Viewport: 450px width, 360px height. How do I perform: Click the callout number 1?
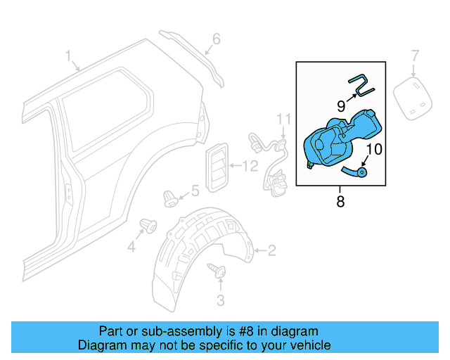(x=69, y=56)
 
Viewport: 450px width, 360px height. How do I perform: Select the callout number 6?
(x=217, y=39)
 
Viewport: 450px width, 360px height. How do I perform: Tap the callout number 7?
(x=415, y=55)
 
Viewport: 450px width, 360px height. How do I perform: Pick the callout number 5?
(x=195, y=190)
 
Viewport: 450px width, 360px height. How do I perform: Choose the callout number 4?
(x=131, y=246)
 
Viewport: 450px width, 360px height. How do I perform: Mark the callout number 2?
(x=271, y=250)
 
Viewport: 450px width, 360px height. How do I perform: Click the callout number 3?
(x=220, y=301)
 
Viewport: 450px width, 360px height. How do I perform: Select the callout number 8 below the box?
(x=340, y=202)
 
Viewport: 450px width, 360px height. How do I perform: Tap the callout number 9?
(x=340, y=106)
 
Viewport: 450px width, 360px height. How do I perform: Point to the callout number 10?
(x=373, y=149)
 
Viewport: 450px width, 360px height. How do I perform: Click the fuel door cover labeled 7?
(x=413, y=97)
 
